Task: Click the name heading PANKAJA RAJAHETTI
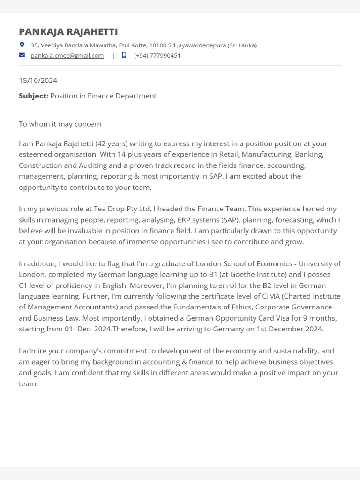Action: pos(68,32)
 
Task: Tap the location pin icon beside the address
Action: pos(22,45)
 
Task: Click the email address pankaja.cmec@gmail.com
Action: pos(67,55)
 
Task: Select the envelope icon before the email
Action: pos(22,55)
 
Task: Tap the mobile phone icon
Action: pos(124,55)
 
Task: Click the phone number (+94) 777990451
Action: pos(157,55)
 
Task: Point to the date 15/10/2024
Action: pos(38,81)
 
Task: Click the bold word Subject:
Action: pos(34,96)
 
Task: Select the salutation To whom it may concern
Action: pos(60,124)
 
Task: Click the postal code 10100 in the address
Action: pos(158,45)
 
